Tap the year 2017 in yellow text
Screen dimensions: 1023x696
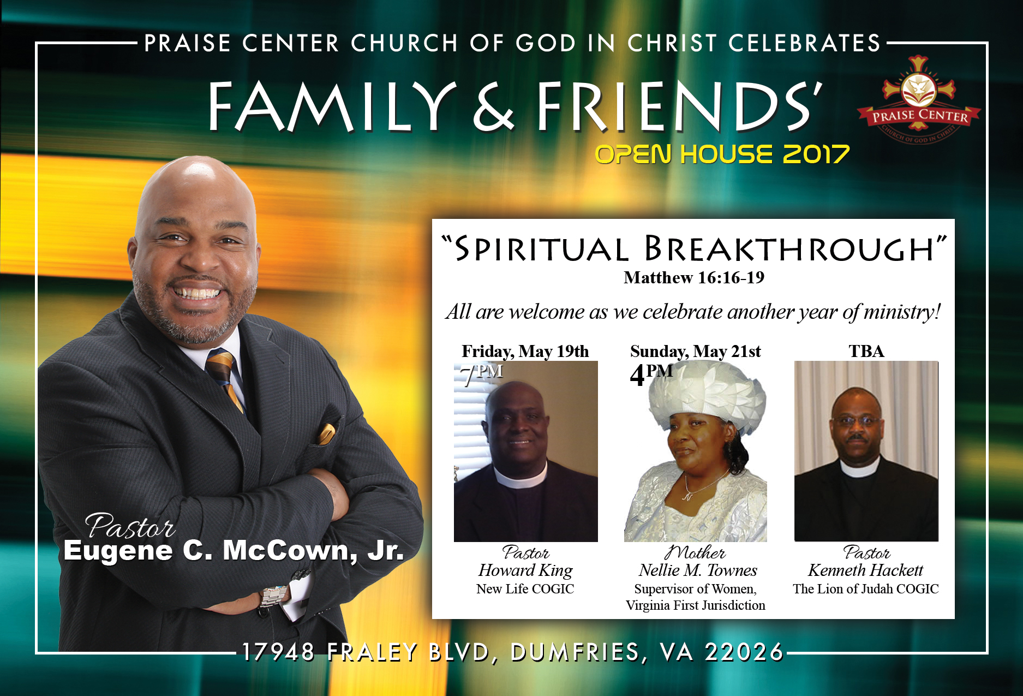(816, 154)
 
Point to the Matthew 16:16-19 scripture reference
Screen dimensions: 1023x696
(694, 278)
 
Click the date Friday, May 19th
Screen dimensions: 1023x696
(525, 352)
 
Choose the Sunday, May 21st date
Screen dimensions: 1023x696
(696, 352)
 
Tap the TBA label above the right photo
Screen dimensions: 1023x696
(866, 351)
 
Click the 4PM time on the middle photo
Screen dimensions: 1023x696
(651, 374)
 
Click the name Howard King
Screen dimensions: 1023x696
(525, 570)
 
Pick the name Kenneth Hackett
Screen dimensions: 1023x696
(866, 570)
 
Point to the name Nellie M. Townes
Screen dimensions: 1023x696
(698, 570)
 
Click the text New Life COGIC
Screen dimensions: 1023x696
(525, 589)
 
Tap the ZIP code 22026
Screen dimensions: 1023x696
(744, 652)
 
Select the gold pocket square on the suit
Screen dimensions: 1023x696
(327, 434)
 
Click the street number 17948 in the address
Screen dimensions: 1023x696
(278, 652)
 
